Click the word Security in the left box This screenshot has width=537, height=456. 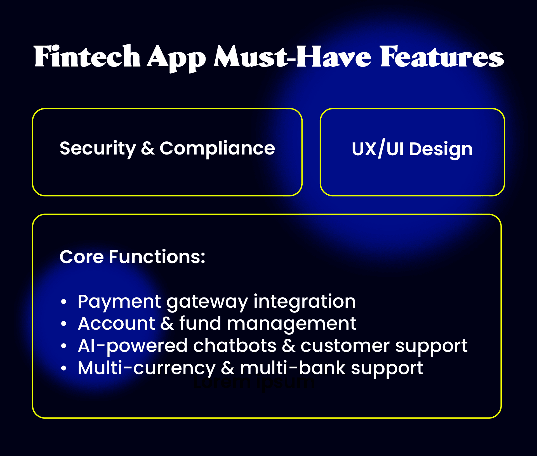click(x=98, y=148)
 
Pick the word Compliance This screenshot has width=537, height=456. click(x=217, y=148)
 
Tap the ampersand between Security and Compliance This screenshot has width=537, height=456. click(x=148, y=148)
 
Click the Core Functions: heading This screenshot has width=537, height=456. click(x=132, y=257)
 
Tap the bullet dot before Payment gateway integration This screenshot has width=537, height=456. click(x=64, y=302)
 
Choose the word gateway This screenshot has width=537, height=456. click(x=207, y=302)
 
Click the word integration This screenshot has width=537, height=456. click(x=305, y=302)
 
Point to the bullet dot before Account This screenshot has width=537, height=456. click(x=64, y=324)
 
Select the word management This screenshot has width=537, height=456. click(x=291, y=324)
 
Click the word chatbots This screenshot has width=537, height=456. click(x=235, y=346)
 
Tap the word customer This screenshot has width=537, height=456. click(x=345, y=346)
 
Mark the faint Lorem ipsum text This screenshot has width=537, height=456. click(x=254, y=382)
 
